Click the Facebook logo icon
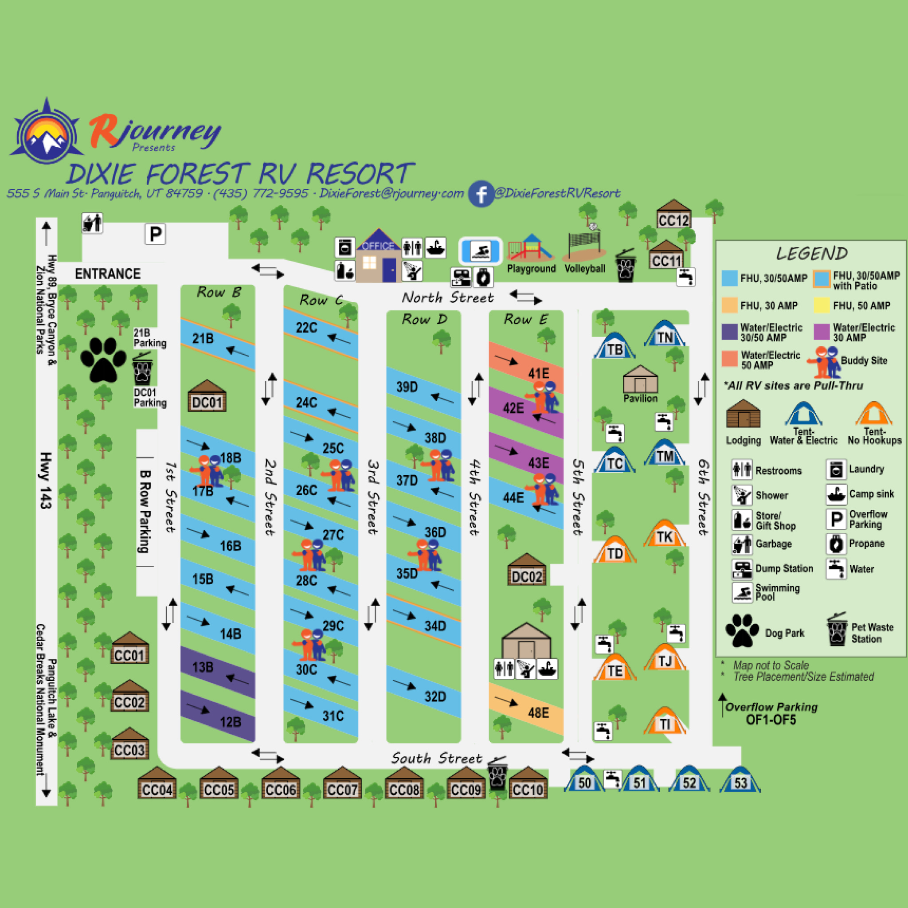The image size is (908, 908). click(x=481, y=194)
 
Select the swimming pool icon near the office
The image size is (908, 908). click(x=480, y=251)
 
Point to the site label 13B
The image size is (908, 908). click(x=203, y=667)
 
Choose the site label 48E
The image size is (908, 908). click(x=538, y=713)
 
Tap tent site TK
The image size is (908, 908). click(x=664, y=534)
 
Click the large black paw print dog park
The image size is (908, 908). click(x=103, y=359)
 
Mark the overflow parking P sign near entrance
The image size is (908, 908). click(x=155, y=234)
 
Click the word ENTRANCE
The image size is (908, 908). click(x=108, y=274)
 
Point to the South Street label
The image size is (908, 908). click(x=437, y=758)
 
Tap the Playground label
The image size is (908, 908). click(x=531, y=268)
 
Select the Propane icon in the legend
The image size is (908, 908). click(x=836, y=544)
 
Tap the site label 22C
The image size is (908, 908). click(x=306, y=328)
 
